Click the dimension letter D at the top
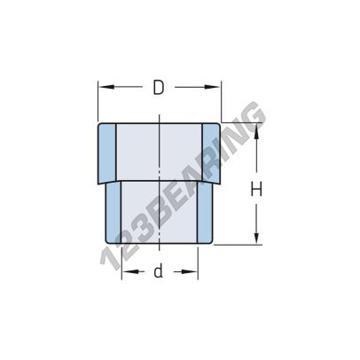159,87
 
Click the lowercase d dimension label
159,272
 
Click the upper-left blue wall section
106,154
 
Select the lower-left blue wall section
114,213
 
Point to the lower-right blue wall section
204,213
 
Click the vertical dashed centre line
159,177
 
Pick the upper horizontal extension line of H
239,122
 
